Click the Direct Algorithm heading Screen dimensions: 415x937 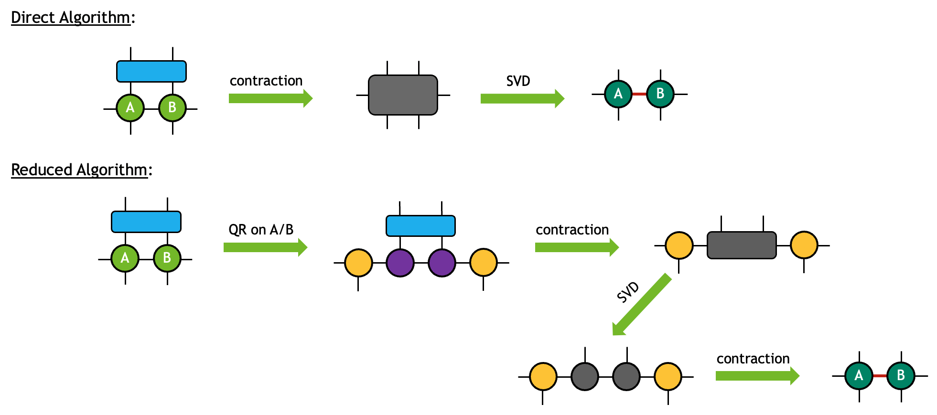(71, 17)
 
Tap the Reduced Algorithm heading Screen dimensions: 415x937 (79, 170)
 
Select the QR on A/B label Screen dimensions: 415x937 (261, 230)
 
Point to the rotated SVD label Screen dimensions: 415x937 (627, 292)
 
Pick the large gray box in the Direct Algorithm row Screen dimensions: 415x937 (403, 95)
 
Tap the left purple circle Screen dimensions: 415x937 (400, 263)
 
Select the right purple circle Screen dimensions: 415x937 (442, 263)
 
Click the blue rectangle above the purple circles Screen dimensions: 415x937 (420, 226)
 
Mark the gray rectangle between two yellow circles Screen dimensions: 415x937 (742, 245)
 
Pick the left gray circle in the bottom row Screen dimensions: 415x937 (585, 376)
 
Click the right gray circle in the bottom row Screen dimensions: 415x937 (626, 376)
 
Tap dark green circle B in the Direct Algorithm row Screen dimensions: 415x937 (660, 94)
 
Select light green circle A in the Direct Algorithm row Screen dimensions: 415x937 (130, 108)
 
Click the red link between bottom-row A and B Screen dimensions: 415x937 (880, 376)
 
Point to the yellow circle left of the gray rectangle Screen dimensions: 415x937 (679, 245)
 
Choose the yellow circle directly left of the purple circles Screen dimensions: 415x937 (358, 263)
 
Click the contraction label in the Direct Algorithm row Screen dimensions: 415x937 (266, 81)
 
